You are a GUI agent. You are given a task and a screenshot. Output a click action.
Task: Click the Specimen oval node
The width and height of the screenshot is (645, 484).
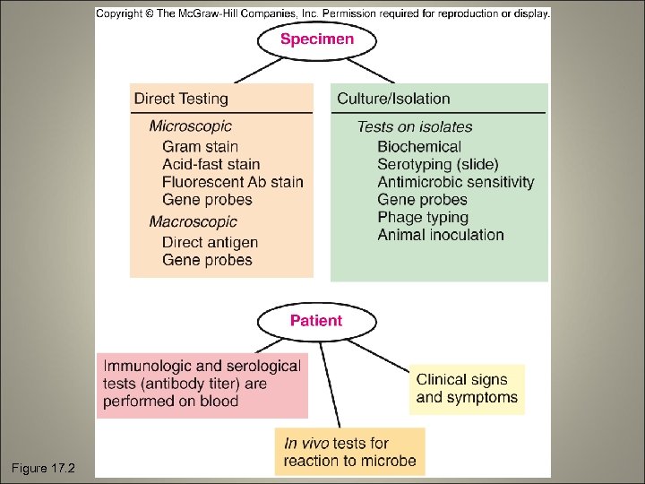pos(317,39)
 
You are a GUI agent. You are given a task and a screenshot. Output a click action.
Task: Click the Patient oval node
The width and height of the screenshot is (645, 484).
pos(315,320)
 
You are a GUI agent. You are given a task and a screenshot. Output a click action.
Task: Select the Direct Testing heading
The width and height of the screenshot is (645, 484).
pos(181,99)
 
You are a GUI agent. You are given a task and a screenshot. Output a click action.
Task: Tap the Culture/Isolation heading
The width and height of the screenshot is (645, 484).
pos(393,99)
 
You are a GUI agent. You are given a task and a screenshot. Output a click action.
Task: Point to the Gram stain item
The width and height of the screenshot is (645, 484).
pos(200,146)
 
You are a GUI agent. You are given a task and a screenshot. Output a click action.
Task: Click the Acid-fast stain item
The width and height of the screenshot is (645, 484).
pos(211,164)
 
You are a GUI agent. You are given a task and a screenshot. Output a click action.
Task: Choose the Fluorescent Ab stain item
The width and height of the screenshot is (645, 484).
pos(232,182)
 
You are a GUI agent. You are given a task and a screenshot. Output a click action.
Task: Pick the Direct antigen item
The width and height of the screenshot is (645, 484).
pos(210,242)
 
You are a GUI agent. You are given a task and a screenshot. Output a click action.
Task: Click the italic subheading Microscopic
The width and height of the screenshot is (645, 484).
pos(190,126)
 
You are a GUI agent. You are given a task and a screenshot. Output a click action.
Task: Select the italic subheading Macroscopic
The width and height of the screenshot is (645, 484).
pos(193,221)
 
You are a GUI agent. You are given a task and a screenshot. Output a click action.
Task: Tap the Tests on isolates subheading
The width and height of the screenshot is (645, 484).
pos(414,126)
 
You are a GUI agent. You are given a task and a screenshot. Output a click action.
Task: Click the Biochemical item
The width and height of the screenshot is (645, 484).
pos(419,146)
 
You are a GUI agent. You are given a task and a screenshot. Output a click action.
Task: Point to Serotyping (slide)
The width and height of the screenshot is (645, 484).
pos(438,164)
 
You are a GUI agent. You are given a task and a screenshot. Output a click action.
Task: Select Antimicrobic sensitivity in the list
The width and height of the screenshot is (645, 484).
pos(455,182)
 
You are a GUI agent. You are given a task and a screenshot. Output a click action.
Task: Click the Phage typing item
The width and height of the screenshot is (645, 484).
pos(423,217)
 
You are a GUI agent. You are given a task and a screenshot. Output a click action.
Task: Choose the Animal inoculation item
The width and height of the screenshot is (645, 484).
pos(441,235)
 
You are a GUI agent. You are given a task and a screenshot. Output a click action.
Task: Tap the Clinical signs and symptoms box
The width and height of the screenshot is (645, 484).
pos(467,389)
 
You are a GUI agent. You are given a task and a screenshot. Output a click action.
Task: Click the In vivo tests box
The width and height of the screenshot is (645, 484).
pos(349,452)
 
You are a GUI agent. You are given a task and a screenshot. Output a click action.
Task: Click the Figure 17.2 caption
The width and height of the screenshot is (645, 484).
pos(43,468)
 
